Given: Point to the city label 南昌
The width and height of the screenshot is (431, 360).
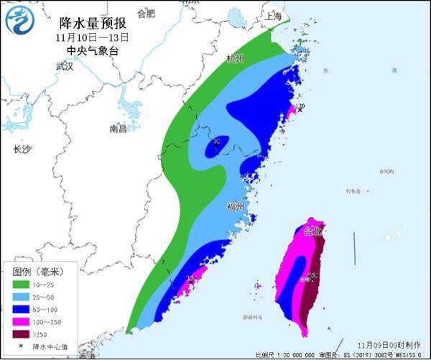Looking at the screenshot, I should point(118,129).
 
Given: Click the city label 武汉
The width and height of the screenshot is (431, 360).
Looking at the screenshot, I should point(65,66).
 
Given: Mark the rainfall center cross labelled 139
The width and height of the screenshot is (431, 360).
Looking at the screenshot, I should point(300,110).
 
